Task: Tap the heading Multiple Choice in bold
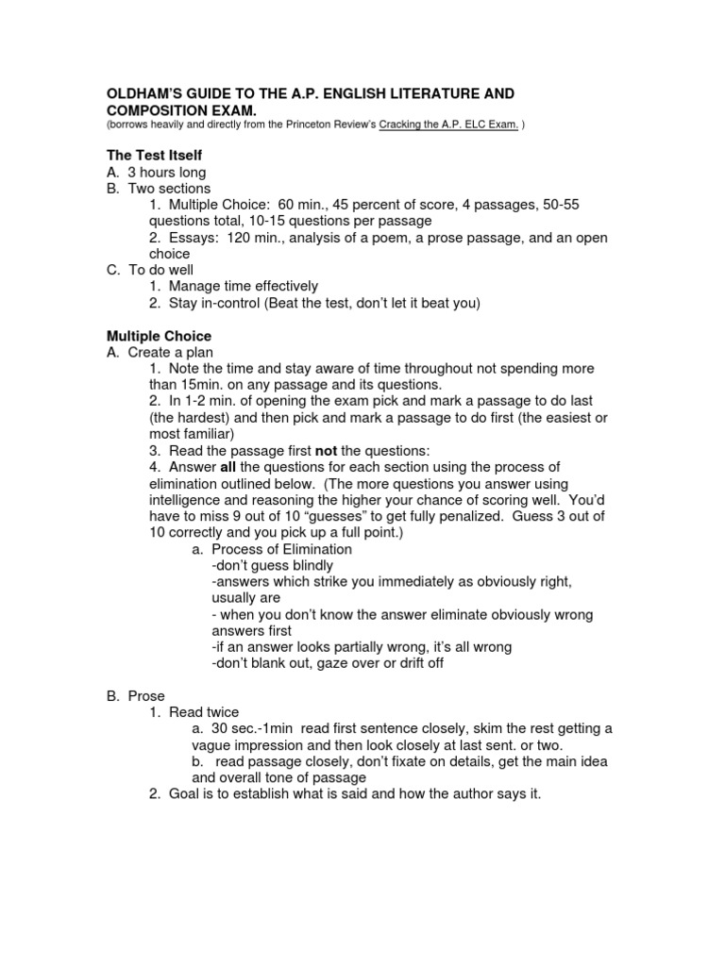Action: (x=159, y=336)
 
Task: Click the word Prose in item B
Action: (x=146, y=696)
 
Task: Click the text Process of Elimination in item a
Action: (x=281, y=549)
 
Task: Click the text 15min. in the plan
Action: (x=208, y=385)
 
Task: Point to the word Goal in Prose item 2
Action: (x=184, y=794)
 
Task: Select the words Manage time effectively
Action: (x=243, y=287)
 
